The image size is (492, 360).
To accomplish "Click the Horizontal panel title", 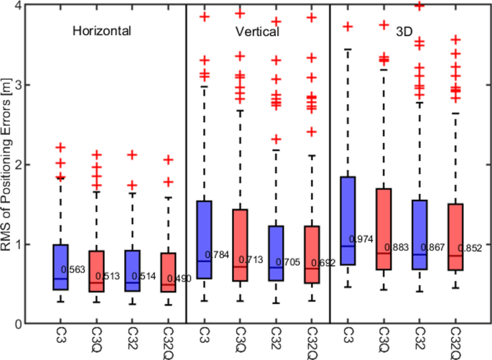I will [x=101, y=32].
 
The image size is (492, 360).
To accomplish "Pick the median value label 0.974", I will [x=362, y=239].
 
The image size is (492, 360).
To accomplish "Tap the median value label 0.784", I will [x=218, y=254].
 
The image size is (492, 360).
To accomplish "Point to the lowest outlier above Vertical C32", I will [x=276, y=139].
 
